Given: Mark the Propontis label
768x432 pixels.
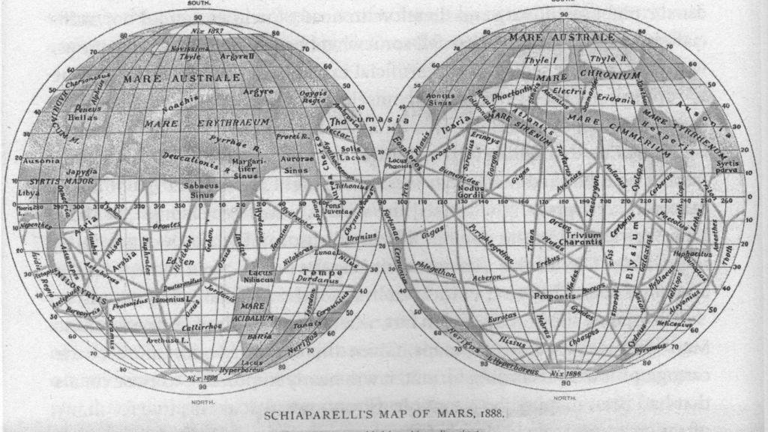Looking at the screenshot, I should [553, 296].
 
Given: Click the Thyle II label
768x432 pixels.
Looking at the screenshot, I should [605, 58].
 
